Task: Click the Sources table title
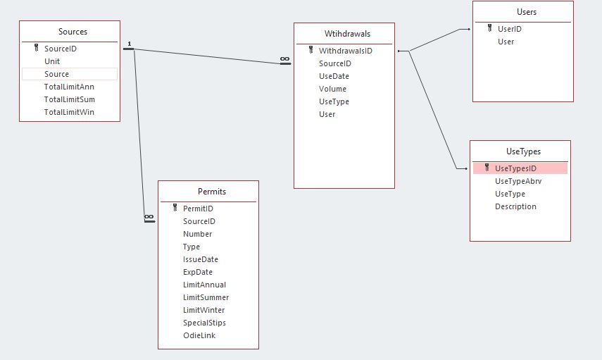(x=73, y=32)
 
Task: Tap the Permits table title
(x=212, y=191)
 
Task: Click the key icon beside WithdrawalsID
(x=311, y=51)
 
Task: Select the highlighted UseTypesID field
(x=515, y=168)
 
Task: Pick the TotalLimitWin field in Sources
(x=69, y=112)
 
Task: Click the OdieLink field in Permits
(x=199, y=335)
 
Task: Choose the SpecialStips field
(x=204, y=323)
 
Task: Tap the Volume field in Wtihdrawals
(x=332, y=89)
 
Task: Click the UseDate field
(x=334, y=76)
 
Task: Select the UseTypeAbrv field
(x=518, y=181)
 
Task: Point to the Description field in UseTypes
(x=515, y=206)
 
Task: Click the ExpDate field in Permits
(x=198, y=272)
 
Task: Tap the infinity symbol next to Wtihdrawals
(x=284, y=60)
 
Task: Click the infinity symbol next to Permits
(x=149, y=217)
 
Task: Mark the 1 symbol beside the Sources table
(x=130, y=44)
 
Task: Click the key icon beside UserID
(x=490, y=29)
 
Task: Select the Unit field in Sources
(x=52, y=61)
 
